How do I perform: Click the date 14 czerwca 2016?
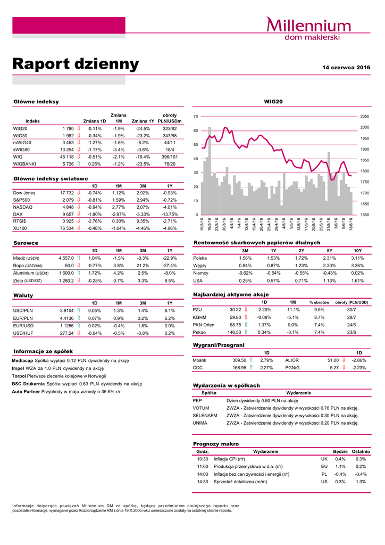(346, 68)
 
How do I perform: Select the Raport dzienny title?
(76, 64)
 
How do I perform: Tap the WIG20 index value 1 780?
(67, 128)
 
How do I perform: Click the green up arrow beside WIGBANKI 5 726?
(79, 164)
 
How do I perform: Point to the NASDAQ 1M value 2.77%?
(119, 207)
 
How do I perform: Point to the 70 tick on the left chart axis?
(196, 116)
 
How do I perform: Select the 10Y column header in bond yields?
(357, 250)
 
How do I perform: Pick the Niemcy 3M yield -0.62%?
(245, 273)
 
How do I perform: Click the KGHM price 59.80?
(236, 317)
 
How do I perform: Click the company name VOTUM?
(201, 408)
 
